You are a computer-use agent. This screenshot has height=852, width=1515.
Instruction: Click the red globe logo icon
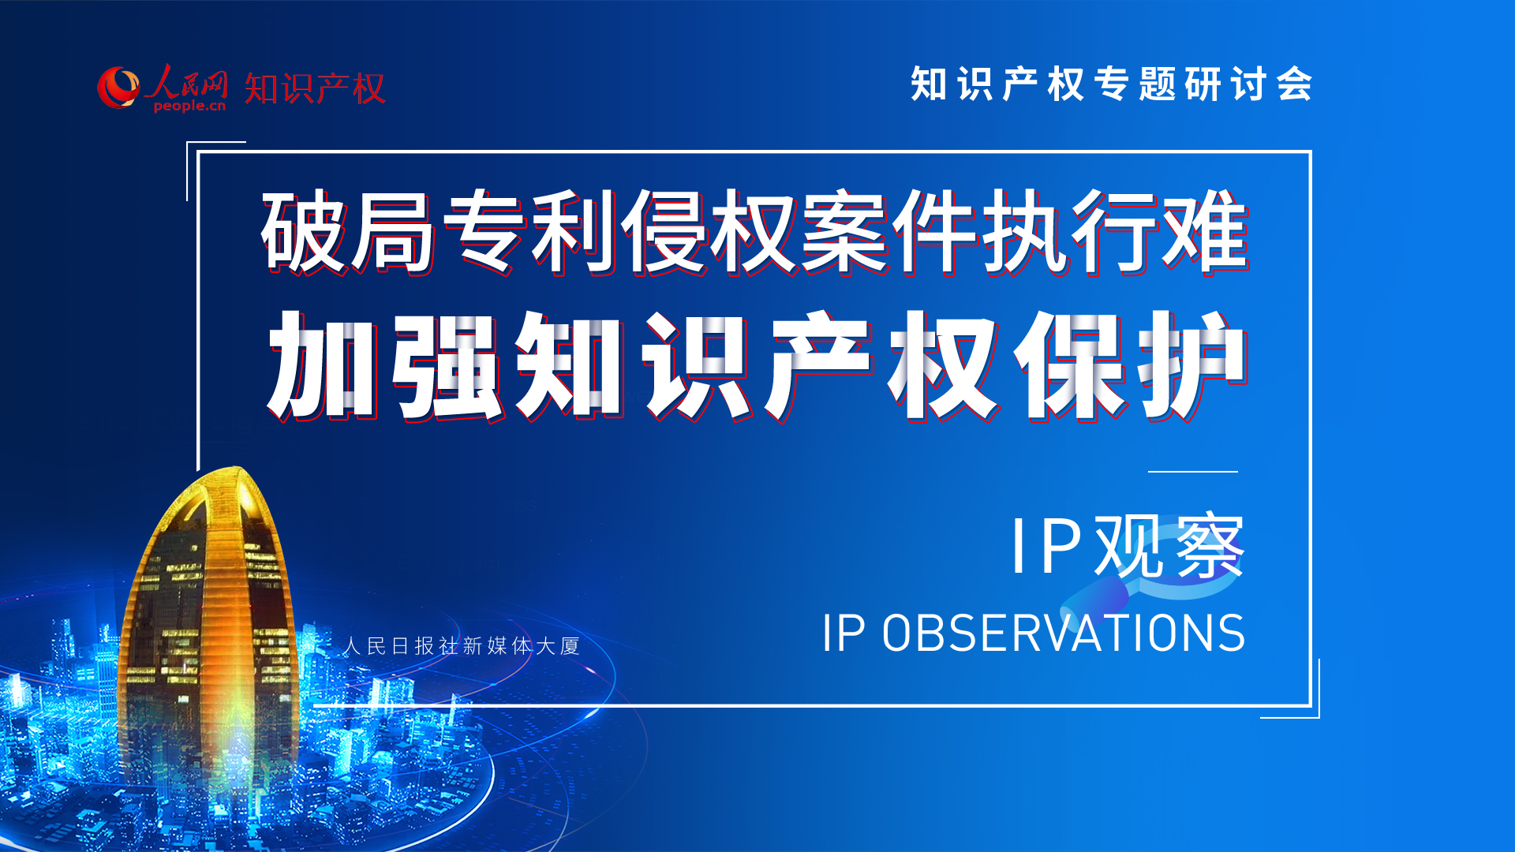tap(119, 87)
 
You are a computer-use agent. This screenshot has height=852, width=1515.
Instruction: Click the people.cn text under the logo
tap(189, 106)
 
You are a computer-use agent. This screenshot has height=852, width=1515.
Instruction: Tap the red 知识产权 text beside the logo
tap(314, 88)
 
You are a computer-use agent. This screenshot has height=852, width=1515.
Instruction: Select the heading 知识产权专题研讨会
tap(1112, 84)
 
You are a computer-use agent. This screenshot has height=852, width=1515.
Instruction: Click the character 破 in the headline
tap(305, 232)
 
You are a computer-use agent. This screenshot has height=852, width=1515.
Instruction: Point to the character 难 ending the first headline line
tap(1205, 232)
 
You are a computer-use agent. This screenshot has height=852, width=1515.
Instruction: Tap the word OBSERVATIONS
tap(1064, 633)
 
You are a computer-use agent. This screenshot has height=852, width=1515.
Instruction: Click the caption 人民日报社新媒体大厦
tap(462, 646)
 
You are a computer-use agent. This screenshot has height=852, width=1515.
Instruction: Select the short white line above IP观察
tap(1193, 472)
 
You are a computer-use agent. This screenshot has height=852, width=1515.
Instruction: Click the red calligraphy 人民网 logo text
tap(186, 82)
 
